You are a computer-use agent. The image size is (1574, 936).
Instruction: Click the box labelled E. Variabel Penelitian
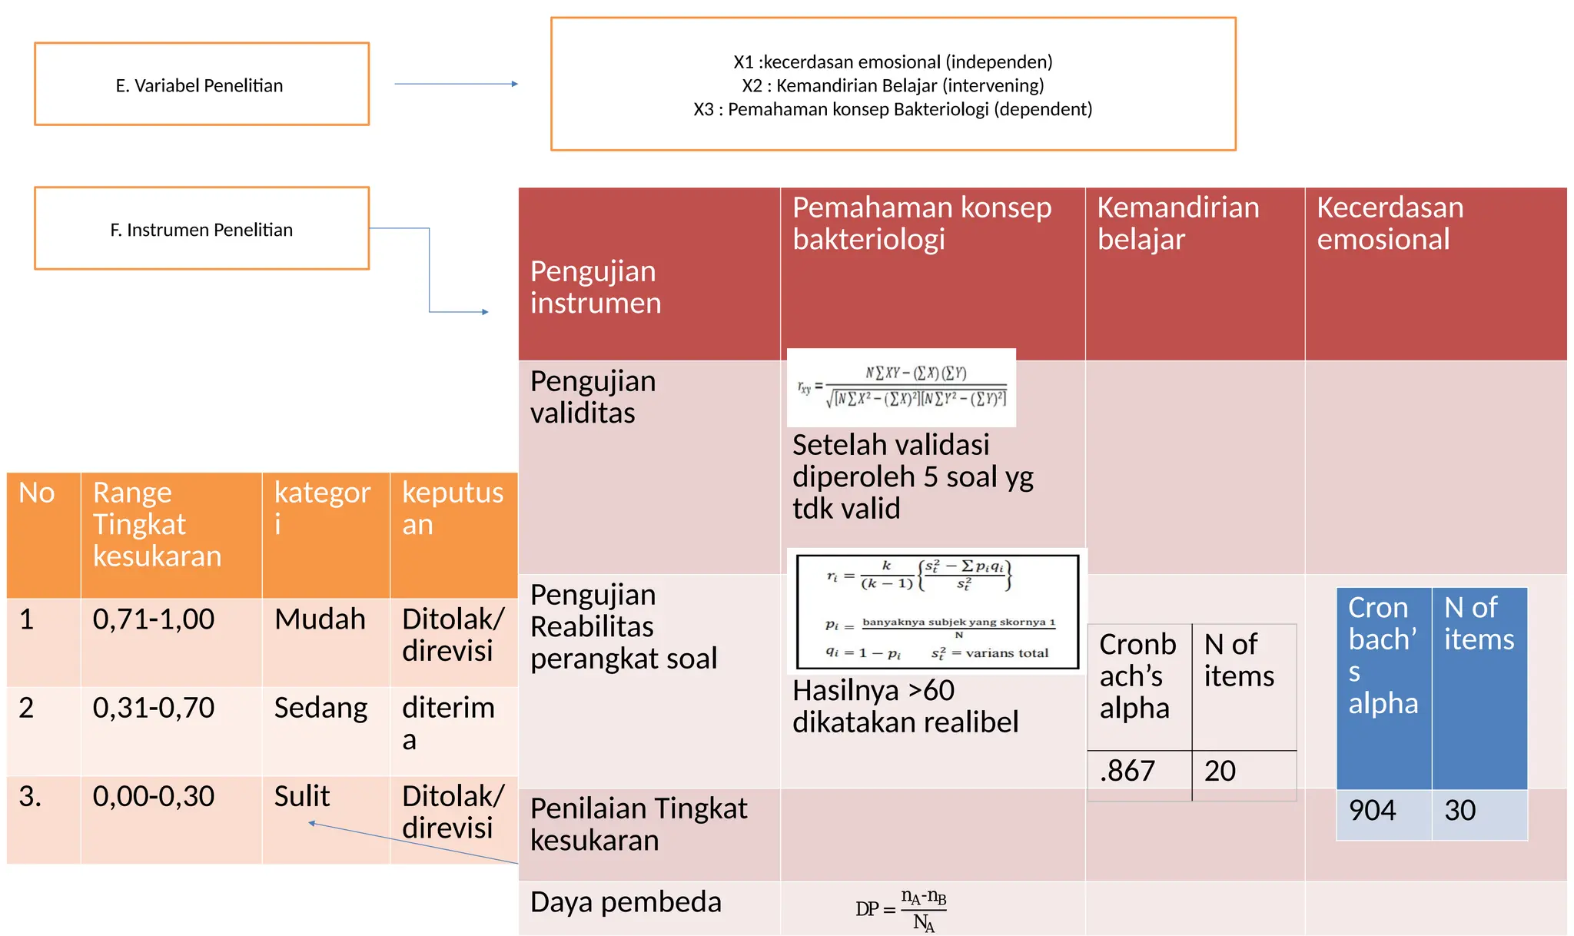coord(201,85)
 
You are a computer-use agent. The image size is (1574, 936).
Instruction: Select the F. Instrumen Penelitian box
coord(201,229)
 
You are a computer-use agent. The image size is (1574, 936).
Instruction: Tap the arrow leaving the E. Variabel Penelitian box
coord(456,84)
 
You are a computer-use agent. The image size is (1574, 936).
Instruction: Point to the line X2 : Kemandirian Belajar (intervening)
coord(892,85)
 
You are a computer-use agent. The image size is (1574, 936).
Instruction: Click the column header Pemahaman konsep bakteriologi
coord(921,224)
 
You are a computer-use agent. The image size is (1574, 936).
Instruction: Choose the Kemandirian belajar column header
coord(1177,224)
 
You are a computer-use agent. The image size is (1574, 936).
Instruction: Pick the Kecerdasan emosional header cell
coord(1390,224)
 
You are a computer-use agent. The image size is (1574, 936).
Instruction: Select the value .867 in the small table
coord(1127,771)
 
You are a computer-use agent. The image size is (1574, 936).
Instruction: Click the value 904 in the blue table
coord(1373,811)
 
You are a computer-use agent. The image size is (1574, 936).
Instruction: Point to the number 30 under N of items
coord(1460,811)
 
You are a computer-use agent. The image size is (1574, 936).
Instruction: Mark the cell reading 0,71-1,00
coord(154,619)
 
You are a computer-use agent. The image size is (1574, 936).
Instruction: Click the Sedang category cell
coord(320,708)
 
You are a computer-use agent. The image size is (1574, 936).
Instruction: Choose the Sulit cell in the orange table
coord(302,796)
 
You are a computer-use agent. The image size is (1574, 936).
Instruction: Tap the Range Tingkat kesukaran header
coord(157,524)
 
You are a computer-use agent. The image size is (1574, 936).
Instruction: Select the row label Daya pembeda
coord(626,902)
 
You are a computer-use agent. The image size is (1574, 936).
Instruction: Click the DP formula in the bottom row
coord(902,909)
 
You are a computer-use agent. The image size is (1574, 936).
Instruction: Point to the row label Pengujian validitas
coord(593,397)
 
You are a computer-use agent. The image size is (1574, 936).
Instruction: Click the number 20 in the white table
coord(1220,771)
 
